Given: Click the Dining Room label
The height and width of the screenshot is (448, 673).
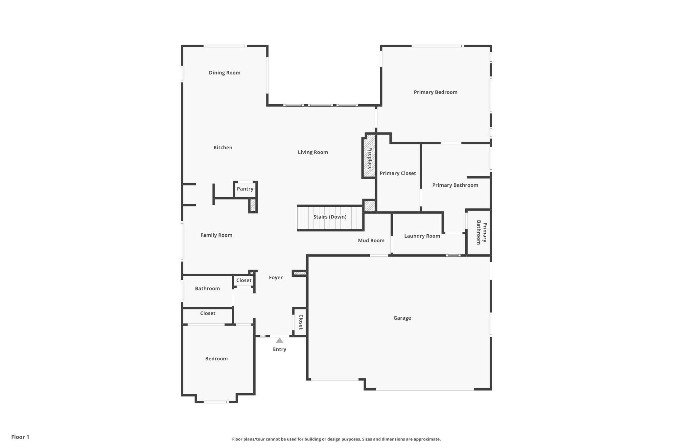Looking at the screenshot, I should point(224,73).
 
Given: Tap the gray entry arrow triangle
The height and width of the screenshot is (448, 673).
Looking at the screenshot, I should point(279,341).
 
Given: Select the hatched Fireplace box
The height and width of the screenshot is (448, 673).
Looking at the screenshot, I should point(369,156).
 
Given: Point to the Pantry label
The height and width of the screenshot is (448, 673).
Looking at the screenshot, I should point(245,189).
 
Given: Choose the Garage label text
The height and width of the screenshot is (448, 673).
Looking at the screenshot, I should point(402,318).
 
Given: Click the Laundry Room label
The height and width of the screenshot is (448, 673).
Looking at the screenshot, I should point(422,236).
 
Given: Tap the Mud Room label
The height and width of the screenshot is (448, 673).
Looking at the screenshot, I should point(371,240).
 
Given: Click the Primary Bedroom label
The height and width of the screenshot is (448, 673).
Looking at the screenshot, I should point(435,92).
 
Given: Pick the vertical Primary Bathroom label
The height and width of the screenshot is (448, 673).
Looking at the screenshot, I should point(481,232).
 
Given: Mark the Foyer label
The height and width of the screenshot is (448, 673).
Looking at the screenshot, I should point(275,277).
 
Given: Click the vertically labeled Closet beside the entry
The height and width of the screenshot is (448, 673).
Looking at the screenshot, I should point(300,322).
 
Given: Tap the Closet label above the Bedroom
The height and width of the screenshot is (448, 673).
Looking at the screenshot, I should point(208,313).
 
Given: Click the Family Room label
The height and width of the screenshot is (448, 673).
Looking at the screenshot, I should point(216,235).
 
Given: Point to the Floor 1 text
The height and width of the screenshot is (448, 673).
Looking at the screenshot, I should point(20,437).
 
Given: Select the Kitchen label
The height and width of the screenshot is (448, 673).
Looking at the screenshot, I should point(223,147).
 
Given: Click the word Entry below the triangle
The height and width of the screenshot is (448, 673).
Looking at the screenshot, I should point(279,349).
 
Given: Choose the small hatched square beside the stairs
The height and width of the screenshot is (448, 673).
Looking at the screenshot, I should point(370,206).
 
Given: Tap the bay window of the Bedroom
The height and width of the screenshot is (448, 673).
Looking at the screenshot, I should point(216,401).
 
